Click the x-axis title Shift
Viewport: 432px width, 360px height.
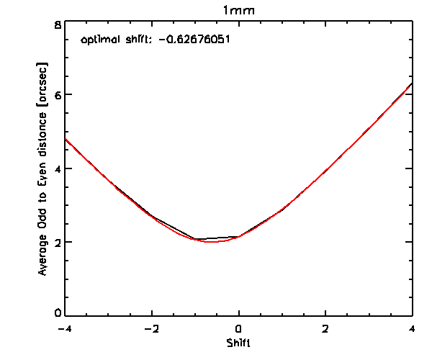238,342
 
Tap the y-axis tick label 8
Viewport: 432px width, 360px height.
57,24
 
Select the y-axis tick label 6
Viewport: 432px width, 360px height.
57,95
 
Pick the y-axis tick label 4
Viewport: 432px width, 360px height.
57,168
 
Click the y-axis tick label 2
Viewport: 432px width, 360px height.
57,242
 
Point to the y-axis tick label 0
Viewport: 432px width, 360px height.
57,314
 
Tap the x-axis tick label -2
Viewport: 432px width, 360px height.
151,328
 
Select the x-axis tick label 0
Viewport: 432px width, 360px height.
238,328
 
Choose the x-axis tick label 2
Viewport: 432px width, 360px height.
325,328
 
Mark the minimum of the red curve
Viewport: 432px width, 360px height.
211,242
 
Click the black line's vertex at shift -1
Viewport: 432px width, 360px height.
195,239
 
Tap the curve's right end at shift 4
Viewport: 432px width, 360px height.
412,84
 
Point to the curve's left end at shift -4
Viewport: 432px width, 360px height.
66,139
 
